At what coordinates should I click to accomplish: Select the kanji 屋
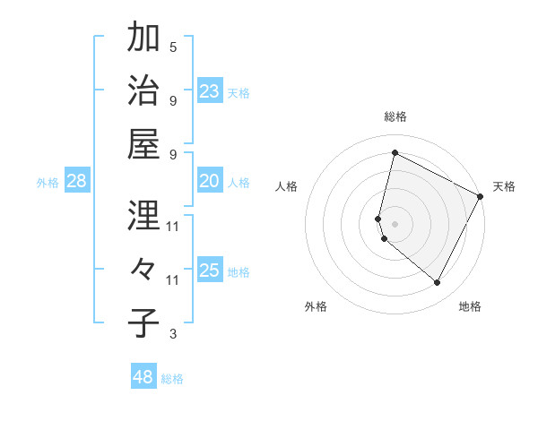point(143,143)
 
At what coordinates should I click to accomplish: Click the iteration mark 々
point(143,270)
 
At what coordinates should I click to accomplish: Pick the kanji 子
point(143,323)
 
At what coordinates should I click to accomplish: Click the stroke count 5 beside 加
point(173,47)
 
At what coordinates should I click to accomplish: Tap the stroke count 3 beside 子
point(173,334)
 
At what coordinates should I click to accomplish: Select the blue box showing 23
point(210,90)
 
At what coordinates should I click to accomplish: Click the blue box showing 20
point(210,181)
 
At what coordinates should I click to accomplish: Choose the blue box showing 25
point(210,271)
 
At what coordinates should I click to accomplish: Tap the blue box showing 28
point(77,181)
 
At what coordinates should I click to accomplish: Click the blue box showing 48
point(143,377)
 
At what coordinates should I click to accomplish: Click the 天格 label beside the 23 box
point(239,92)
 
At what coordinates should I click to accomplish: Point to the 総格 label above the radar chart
point(395,116)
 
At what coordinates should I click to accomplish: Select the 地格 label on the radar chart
point(470,306)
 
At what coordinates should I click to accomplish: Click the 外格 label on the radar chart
point(316,306)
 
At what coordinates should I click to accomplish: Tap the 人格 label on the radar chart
point(287,186)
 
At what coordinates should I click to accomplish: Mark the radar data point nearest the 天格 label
point(482,196)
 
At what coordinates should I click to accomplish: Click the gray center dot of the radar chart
point(395,223)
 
